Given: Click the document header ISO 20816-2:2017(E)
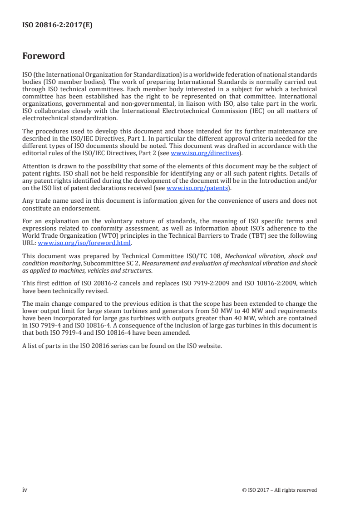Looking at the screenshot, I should pos(57,25).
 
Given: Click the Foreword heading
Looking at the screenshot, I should pos(44,56).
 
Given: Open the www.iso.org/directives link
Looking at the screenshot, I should pos(204,153).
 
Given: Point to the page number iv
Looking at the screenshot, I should pos(25,489).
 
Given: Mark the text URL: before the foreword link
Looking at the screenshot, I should pos(29,243).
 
